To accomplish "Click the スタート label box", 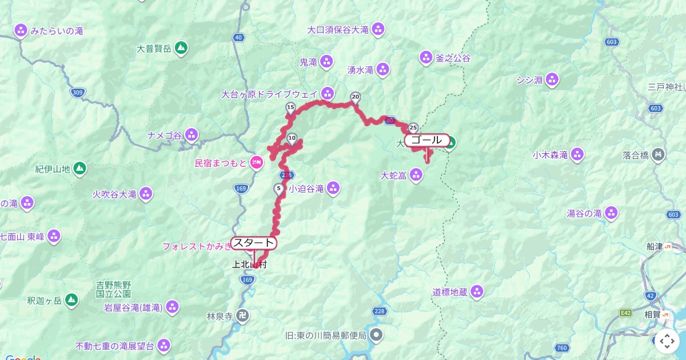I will [254, 243].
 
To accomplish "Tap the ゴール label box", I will [426, 140].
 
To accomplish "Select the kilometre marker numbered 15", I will [290, 108].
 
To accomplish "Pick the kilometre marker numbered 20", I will [356, 97].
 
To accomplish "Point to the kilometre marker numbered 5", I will [279, 189].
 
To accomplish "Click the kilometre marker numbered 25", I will [413, 128].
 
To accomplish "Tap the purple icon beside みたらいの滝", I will [21, 30].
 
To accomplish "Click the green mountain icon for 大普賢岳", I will [181, 49].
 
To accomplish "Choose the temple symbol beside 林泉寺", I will [243, 315].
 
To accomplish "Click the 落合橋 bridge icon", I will [659, 154].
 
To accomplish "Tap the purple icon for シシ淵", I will [552, 79].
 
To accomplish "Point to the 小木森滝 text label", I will [550, 155].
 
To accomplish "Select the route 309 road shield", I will [78, 91].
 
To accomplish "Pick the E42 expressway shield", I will [626, 313].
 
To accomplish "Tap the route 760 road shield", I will [561, 348].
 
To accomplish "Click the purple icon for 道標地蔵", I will [477, 293].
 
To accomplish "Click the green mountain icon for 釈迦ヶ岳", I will [71, 299].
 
